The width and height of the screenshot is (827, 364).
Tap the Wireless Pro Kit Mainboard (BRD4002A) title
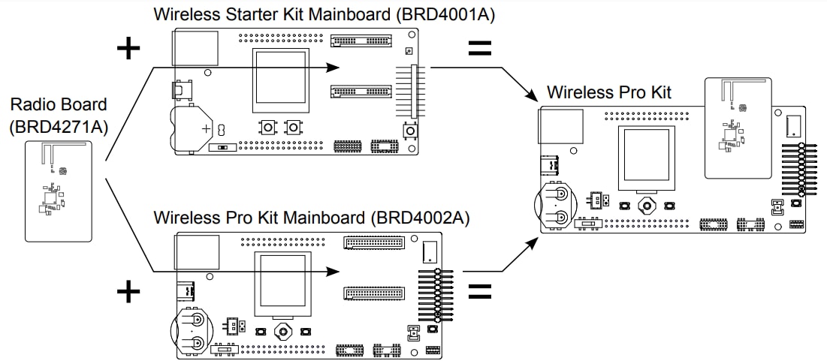point(311,218)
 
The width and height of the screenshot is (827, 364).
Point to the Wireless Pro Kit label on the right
point(608,92)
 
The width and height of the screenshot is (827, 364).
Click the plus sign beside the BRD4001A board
point(129,49)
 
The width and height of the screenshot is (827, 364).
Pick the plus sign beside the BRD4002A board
point(129,291)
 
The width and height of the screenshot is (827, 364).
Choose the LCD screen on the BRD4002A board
point(282,283)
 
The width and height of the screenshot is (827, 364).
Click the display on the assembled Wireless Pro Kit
point(645,158)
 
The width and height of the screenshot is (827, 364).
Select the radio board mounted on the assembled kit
point(738,128)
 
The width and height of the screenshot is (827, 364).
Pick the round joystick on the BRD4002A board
point(283,331)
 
